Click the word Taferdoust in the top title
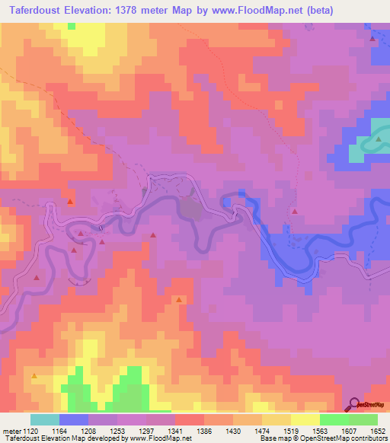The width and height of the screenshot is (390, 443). (x=37, y=11)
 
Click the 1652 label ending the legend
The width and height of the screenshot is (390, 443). (x=369, y=430)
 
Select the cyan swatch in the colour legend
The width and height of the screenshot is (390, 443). (x=44, y=419)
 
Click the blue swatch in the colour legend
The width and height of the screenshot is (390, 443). (x=74, y=419)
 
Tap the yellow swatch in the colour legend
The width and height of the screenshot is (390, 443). (x=305, y=419)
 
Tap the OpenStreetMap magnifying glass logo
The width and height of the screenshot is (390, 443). (x=354, y=405)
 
